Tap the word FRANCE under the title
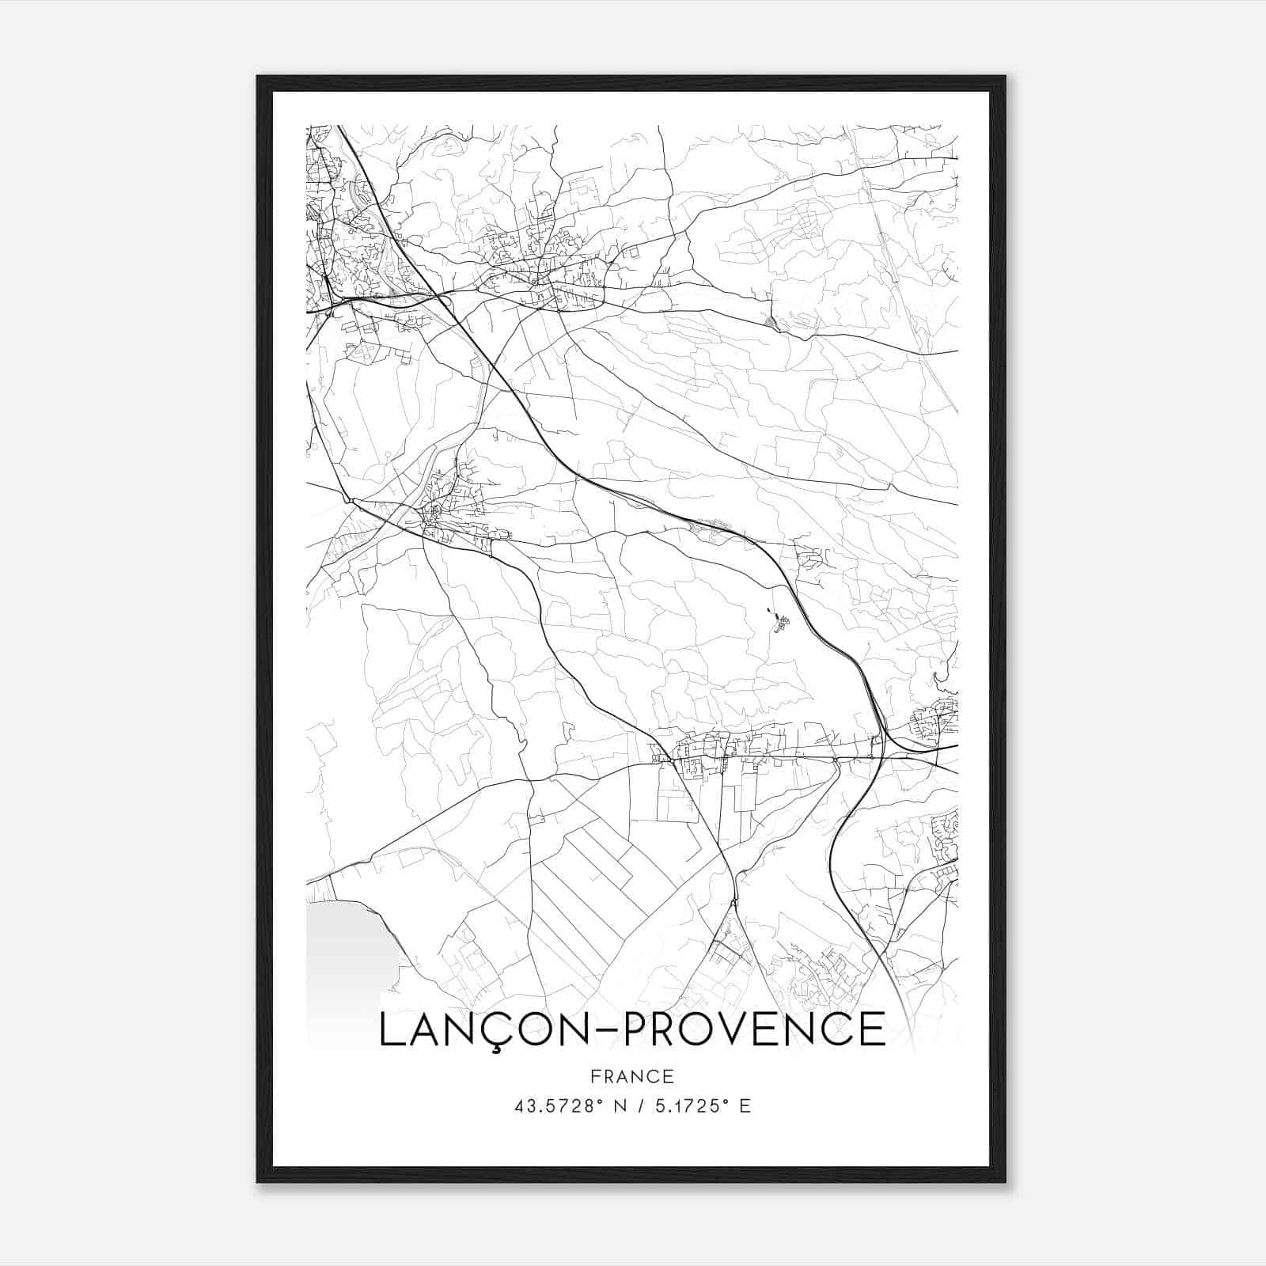point(632,1076)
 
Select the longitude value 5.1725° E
point(701,1106)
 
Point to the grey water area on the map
point(344,949)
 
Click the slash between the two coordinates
point(639,1106)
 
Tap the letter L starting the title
point(392,1029)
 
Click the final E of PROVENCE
point(871,1029)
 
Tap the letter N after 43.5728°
point(620,1106)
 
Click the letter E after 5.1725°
point(745,1106)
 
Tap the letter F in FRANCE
point(595,1076)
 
